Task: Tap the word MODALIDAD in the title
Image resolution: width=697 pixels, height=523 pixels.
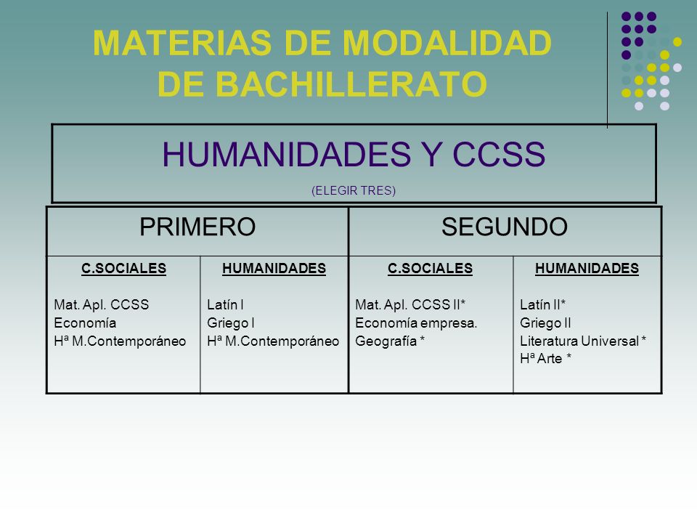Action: tap(447, 44)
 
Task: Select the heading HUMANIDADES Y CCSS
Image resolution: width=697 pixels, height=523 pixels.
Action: tap(354, 155)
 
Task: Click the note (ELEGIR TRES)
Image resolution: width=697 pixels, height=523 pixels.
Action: tap(354, 191)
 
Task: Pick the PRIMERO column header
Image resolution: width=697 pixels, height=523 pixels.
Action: tap(197, 227)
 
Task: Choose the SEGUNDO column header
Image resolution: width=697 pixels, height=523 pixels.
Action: tap(505, 227)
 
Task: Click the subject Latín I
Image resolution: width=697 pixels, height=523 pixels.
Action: tap(225, 305)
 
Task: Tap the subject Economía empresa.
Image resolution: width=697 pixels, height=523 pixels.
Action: tap(416, 323)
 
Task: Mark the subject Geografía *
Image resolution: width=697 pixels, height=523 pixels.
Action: tap(391, 341)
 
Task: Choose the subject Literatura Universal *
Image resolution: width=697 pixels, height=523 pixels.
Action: tap(584, 341)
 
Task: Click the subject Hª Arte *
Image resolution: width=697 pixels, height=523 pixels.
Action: tap(545, 359)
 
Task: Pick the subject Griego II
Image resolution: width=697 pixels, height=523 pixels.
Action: tap(546, 323)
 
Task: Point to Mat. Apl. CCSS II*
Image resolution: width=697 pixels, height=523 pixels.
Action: tap(410, 305)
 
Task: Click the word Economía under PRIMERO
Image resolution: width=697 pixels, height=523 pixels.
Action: tap(85, 323)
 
